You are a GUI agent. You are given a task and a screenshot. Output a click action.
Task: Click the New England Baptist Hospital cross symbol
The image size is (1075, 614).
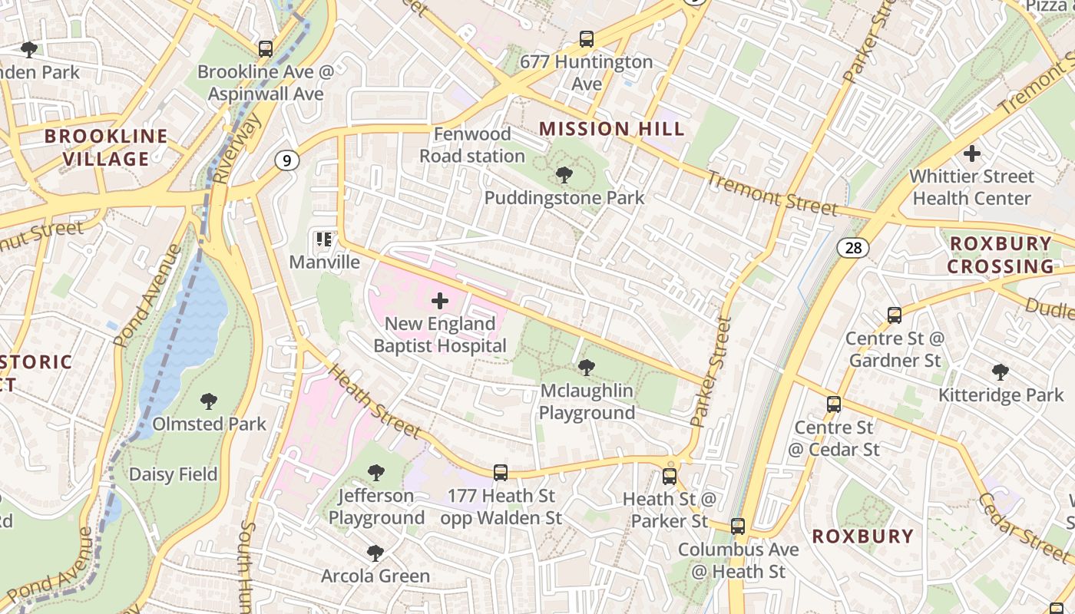click(x=440, y=301)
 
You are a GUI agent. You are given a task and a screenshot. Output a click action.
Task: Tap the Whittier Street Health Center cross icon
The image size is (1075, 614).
click(x=972, y=153)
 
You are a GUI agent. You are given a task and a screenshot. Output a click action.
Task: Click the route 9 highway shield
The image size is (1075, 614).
click(x=286, y=160)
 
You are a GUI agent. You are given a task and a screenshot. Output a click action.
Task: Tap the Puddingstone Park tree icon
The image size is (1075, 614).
click(x=564, y=175)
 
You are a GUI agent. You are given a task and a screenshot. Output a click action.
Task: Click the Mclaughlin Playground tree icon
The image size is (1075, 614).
click(x=587, y=368)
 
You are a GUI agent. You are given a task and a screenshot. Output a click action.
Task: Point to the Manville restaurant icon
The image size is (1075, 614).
click(x=323, y=239)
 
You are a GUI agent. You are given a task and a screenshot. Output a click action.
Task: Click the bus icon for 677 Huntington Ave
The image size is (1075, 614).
click(x=587, y=39)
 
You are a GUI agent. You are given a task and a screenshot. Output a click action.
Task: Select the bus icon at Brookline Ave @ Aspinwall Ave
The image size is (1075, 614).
click(x=266, y=49)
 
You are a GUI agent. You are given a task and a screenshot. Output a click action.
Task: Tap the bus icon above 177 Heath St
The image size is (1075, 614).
click(x=501, y=473)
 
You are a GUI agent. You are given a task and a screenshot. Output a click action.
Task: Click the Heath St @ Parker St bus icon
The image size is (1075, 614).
click(x=670, y=476)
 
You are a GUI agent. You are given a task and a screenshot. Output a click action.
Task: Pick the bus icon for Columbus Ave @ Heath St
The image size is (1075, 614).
click(x=738, y=527)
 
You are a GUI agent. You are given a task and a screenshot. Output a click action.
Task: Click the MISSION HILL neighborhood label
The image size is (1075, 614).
click(x=612, y=128)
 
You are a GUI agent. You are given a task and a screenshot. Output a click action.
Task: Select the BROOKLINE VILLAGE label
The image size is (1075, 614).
click(x=106, y=147)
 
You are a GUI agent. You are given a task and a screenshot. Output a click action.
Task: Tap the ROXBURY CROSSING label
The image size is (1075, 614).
click(x=1000, y=255)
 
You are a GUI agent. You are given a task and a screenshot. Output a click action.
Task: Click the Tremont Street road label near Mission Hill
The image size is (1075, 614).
click(x=771, y=194)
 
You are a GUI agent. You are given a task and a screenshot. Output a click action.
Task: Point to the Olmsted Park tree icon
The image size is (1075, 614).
click(x=208, y=401)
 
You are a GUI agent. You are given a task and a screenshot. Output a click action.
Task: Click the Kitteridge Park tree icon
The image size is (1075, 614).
click(x=1001, y=372)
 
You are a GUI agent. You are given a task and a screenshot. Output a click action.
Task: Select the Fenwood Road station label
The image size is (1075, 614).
click(x=472, y=145)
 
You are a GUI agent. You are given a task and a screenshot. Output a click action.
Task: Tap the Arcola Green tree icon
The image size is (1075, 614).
click(x=375, y=553)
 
